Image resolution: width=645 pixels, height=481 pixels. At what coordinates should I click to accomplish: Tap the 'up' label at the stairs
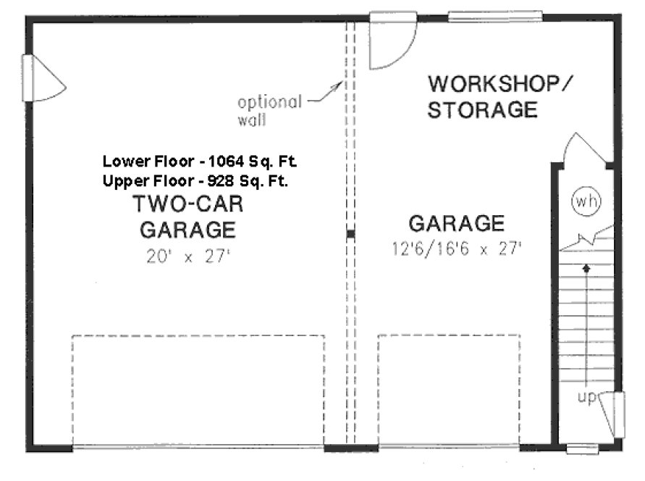pyautogui.click(x=587, y=398)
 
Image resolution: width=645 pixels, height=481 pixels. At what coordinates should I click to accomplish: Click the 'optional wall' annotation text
pyautogui.click(x=269, y=110)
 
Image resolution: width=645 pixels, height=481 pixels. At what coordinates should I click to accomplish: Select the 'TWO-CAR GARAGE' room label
pyautogui.click(x=187, y=217)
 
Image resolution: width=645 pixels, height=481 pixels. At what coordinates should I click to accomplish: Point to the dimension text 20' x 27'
pyautogui.click(x=187, y=259)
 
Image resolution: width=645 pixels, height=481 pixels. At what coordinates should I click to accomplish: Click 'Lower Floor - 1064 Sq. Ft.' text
pyautogui.click(x=199, y=161)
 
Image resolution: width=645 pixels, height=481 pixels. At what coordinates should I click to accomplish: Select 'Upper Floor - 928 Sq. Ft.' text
pyautogui.click(x=195, y=181)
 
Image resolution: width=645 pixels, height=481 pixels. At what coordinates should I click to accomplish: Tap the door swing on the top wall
pyautogui.click(x=392, y=42)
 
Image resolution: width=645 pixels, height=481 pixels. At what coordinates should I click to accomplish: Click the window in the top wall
pyautogui.click(x=494, y=15)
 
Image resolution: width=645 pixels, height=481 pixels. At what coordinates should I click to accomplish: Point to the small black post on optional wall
pyautogui.click(x=350, y=234)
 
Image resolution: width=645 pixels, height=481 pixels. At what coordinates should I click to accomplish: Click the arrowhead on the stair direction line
pyautogui.click(x=586, y=267)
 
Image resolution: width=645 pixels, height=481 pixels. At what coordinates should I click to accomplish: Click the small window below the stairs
pyautogui.click(x=582, y=449)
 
